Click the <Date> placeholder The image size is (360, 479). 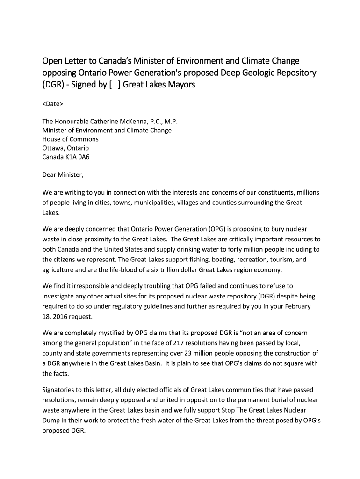pos(53,103)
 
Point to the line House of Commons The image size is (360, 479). pos(71,139)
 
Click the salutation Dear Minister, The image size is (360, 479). pos(63,175)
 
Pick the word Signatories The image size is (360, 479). pos(60,390)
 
